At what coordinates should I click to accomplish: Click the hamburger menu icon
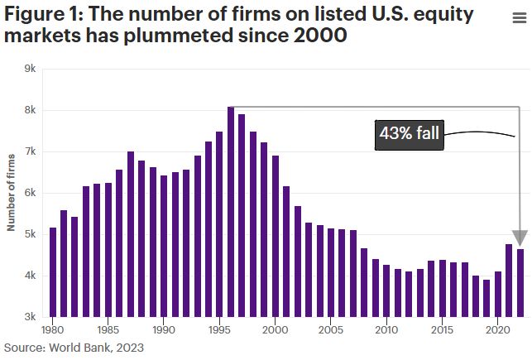518,19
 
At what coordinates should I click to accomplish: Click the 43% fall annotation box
410,133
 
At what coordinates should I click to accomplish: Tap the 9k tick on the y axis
30,69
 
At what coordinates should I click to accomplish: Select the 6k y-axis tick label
30,193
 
